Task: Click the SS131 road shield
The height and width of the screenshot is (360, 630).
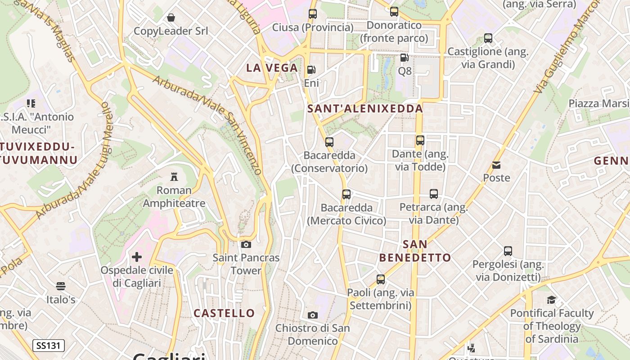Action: pos(49,346)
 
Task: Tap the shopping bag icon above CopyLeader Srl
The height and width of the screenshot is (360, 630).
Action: pos(171,18)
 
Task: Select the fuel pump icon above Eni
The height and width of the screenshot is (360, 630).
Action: pos(311,70)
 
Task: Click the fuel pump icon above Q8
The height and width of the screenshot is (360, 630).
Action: pos(405,58)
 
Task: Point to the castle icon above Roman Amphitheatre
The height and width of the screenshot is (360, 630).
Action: pos(174,177)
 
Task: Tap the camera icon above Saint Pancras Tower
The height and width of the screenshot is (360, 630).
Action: pos(246,244)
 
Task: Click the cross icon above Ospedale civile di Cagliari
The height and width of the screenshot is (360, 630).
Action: pos(137,257)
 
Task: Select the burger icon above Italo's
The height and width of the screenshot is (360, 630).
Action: pos(61,286)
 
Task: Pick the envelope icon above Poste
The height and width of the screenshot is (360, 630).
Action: pos(496,165)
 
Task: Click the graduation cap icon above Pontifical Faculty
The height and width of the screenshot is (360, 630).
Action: pos(552,300)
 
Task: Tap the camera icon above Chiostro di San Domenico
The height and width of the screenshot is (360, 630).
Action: pos(313,315)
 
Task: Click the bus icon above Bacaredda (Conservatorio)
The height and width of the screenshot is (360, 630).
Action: pos(329,142)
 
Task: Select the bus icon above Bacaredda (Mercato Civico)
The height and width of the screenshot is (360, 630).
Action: pos(346,194)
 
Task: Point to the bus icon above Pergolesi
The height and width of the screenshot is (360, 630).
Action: pos(508,251)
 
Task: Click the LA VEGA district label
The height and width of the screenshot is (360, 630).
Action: pos(272,68)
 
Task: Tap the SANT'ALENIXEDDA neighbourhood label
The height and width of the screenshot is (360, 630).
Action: pos(365,108)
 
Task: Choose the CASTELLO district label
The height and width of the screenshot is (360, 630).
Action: pos(224,313)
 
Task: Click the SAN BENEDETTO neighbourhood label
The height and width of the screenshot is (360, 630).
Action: pos(415,251)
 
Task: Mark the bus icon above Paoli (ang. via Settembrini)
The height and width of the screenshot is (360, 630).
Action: pos(381,279)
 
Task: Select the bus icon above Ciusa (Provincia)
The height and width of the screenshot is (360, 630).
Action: pos(313,14)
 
